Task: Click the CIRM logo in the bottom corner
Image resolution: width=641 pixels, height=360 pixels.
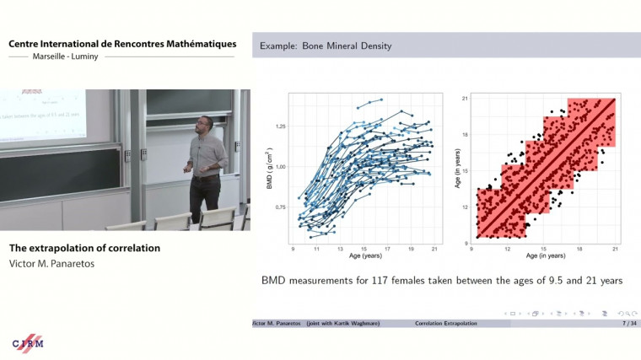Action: point(28,342)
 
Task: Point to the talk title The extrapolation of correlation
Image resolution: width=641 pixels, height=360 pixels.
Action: point(84,249)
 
